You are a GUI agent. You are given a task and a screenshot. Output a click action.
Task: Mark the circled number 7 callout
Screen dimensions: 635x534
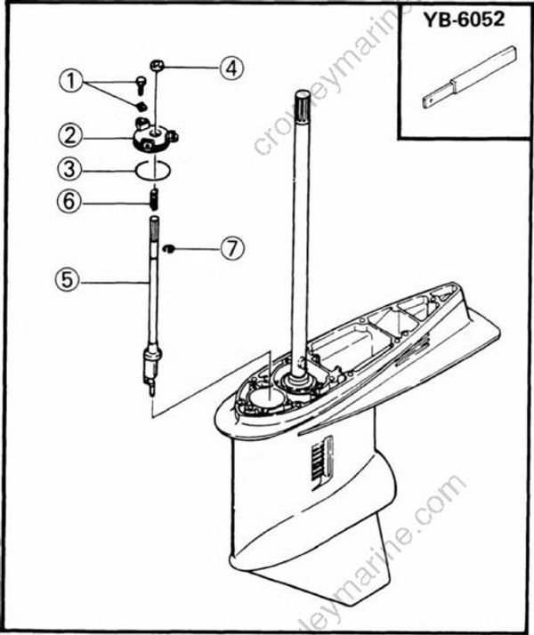pyautogui.click(x=232, y=248)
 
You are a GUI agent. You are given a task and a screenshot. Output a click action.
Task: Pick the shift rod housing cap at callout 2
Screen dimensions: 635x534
pyautogui.click(x=157, y=137)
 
